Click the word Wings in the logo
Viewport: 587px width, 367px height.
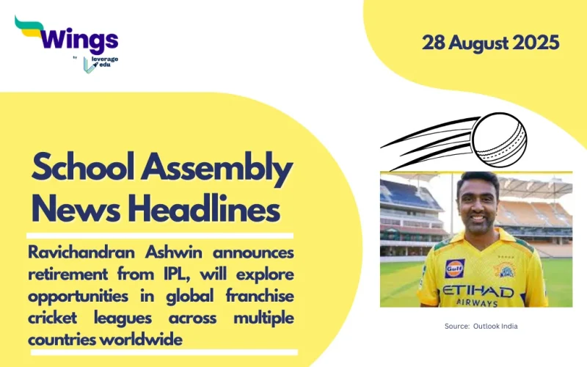[80, 38]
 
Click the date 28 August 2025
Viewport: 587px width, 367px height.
[490, 42]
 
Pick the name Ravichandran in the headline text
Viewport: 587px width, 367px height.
[83, 252]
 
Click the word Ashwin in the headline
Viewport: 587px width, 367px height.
[175, 252]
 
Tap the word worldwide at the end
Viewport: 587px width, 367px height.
[145, 341]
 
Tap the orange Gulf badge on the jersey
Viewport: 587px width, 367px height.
[454, 268]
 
